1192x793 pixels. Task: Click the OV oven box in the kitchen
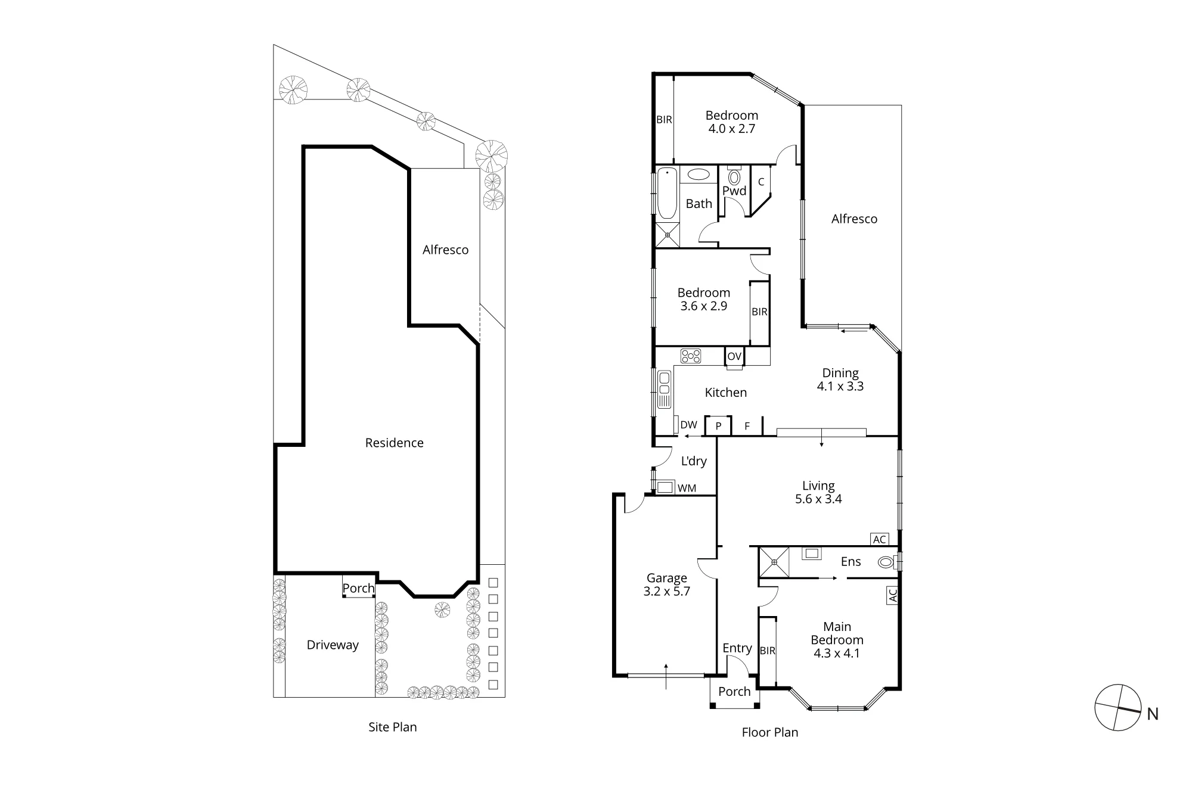[734, 356]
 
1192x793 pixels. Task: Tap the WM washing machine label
[687, 488]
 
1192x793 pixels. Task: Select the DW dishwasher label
[688, 425]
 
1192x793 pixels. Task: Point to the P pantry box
[718, 425]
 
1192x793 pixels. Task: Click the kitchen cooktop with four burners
[691, 356]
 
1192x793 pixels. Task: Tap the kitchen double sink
[664, 389]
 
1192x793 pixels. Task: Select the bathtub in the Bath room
[668, 193]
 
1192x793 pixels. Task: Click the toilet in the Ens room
[887, 561]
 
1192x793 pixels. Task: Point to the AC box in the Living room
[880, 539]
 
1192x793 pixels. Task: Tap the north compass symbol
[1118, 708]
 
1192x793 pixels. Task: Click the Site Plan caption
[393, 727]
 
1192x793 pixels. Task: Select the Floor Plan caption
[770, 732]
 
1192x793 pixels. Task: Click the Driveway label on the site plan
[333, 645]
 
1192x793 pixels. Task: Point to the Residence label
[395, 443]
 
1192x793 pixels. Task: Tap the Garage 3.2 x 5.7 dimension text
[667, 592]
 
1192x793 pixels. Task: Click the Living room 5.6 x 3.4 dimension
[818, 499]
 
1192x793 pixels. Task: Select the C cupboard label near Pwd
[761, 182]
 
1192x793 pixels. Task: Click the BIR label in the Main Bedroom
[768, 651]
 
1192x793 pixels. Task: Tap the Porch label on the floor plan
[734, 692]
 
